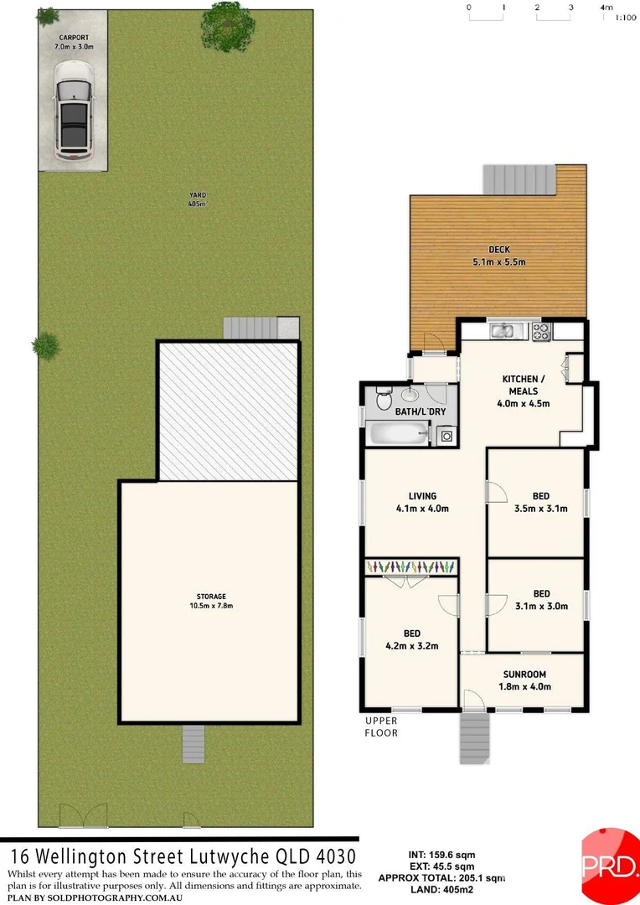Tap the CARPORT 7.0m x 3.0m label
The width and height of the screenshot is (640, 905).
[x=74, y=42]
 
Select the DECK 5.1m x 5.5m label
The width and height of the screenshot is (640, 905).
[x=499, y=256]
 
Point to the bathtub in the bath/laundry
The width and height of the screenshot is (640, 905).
[x=396, y=434]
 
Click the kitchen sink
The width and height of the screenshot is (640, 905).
[x=503, y=331]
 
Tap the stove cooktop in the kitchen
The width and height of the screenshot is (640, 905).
[x=540, y=332]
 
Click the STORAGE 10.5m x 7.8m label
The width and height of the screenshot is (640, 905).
[x=212, y=601]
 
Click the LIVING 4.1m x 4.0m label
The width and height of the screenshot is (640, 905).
[x=422, y=502]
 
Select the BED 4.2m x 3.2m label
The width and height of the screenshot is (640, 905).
[x=410, y=639]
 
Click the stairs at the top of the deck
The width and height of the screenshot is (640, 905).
[x=519, y=178]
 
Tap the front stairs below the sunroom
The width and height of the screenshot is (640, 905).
[x=473, y=738]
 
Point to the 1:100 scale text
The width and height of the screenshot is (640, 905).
[x=624, y=17]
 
